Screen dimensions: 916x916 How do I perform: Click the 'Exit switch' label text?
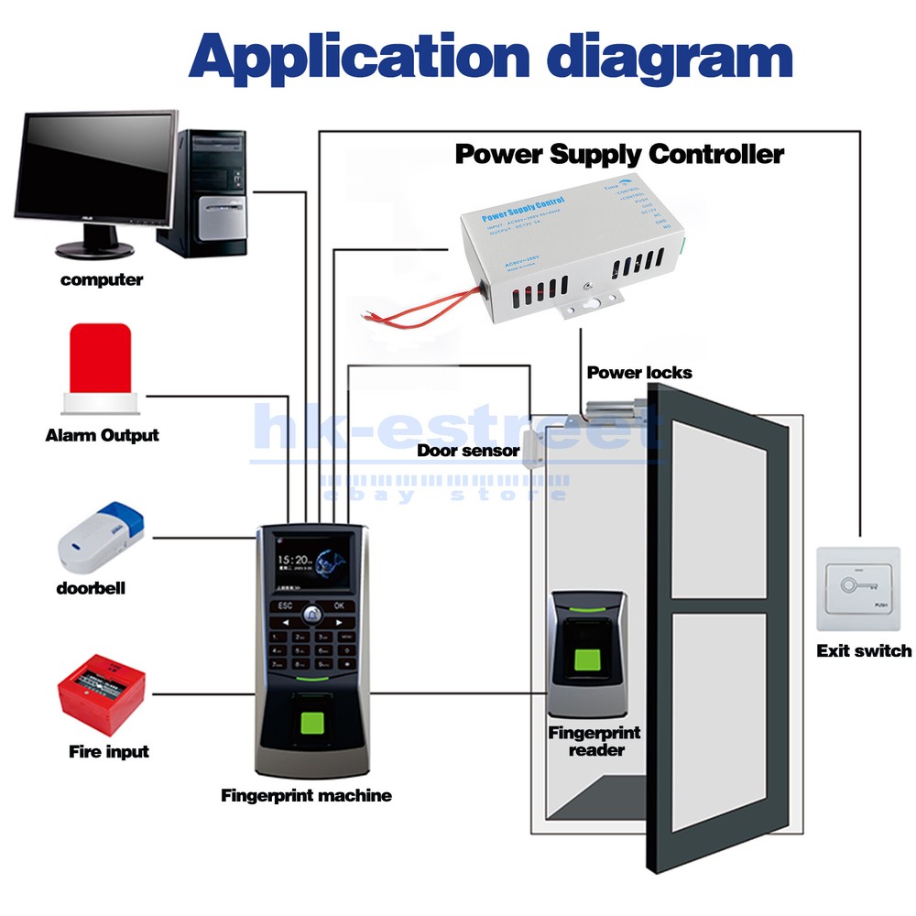click(864, 651)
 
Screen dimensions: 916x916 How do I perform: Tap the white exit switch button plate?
click(858, 588)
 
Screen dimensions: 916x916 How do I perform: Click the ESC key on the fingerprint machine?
click(284, 605)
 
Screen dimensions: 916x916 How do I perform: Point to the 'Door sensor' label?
click(468, 451)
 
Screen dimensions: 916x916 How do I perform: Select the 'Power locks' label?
click(639, 373)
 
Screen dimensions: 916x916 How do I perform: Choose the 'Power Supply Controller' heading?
click(619, 154)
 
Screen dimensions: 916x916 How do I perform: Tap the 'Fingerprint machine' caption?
click(306, 796)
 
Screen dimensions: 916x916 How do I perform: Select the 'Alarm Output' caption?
click(102, 436)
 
